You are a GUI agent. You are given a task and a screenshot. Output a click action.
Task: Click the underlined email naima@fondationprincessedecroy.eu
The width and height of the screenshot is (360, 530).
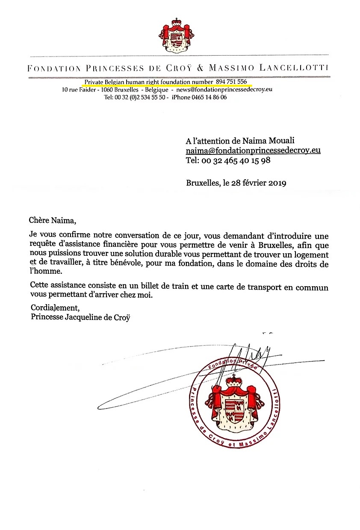tap(253, 151)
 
